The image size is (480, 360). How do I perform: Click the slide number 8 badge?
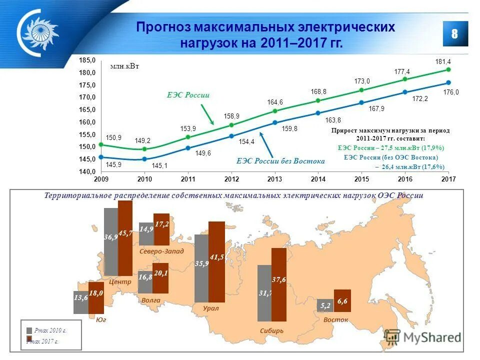click(455, 33)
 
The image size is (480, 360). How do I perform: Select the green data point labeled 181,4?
click(448, 69)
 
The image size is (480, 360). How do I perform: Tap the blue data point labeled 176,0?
click(448, 82)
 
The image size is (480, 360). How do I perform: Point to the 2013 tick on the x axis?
click(275, 179)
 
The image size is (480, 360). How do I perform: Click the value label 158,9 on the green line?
click(231, 116)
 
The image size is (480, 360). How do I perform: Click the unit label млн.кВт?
click(124, 66)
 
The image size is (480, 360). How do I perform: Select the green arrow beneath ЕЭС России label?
click(207, 114)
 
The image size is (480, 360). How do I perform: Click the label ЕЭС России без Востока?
click(280, 161)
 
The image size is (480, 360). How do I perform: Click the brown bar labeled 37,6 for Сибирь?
click(279, 284)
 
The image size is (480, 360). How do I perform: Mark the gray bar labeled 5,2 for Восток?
click(325, 305)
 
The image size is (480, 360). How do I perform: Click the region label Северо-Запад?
click(161, 251)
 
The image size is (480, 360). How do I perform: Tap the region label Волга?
click(150, 300)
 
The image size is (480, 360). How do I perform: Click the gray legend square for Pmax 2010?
click(29, 330)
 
